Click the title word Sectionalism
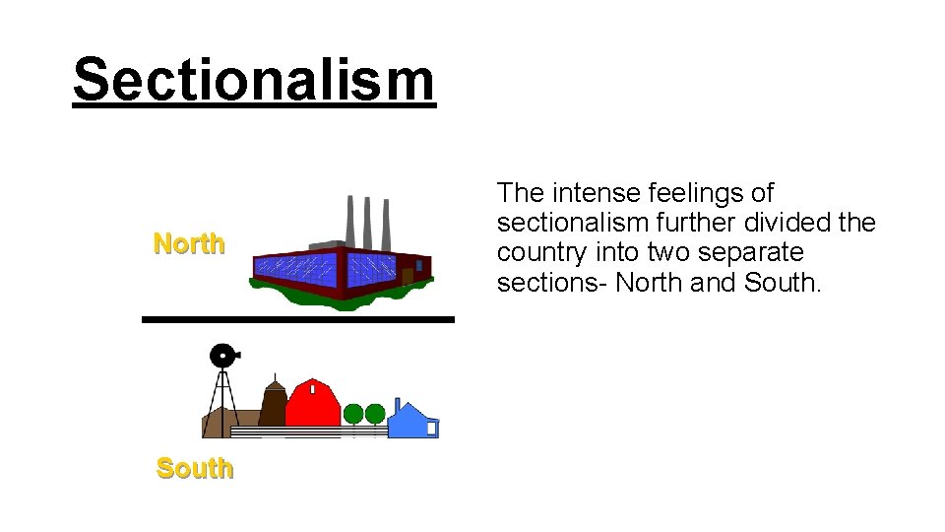click(253, 79)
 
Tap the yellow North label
click(189, 243)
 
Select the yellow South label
click(195, 468)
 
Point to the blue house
click(412, 421)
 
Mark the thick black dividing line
click(297, 319)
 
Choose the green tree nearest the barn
click(353, 414)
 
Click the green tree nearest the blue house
click(375, 414)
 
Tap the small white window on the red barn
click(312, 390)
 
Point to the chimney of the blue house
click(397, 405)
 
